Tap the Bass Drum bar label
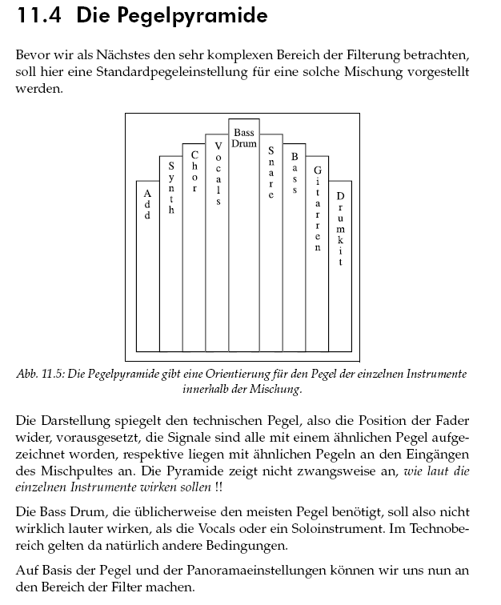click(244, 138)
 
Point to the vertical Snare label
click(271, 172)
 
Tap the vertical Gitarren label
click(318, 209)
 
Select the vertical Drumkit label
click(340, 229)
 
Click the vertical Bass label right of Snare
click(295, 174)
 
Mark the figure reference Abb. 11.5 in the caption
click(41, 375)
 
